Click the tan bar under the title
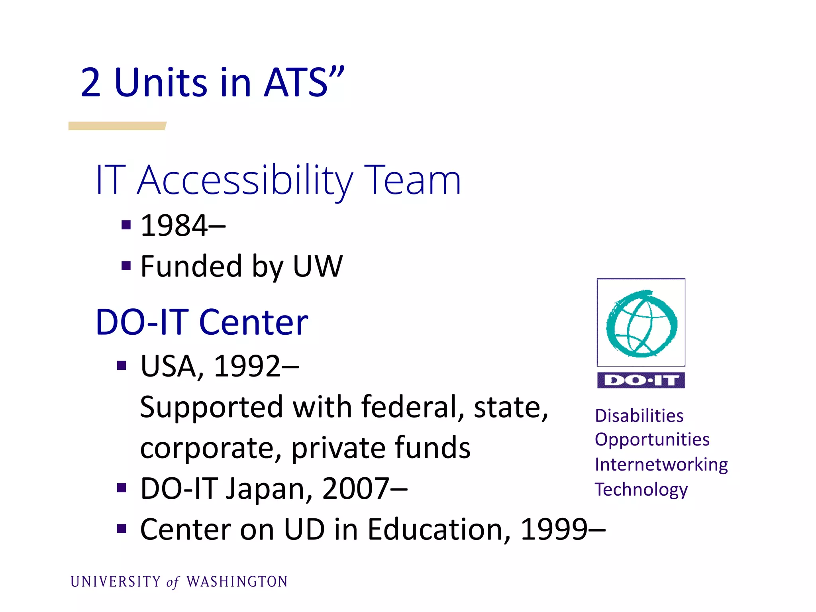(x=117, y=126)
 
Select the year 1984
(x=174, y=226)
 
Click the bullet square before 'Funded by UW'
(x=126, y=265)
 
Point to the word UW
(x=318, y=266)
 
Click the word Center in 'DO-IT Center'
(x=253, y=322)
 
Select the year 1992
(x=247, y=366)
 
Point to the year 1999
(x=554, y=530)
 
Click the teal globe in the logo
(x=641, y=323)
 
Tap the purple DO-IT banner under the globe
(x=641, y=381)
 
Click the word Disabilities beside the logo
(x=639, y=416)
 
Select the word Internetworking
(x=661, y=465)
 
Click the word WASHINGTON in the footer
(x=237, y=582)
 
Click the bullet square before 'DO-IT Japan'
(x=122, y=488)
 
